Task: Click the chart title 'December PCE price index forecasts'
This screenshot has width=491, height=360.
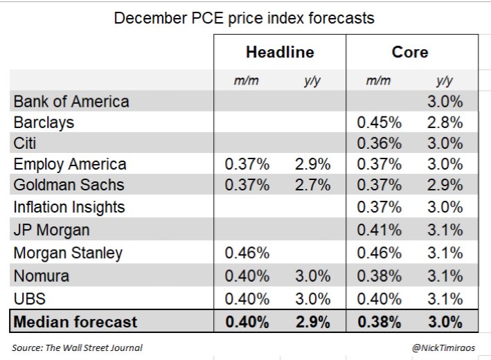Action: [x=244, y=18]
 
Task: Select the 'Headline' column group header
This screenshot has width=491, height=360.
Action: [x=279, y=53]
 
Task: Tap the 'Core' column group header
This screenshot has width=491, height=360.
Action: [x=410, y=53]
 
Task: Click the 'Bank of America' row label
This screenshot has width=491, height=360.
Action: [x=71, y=102]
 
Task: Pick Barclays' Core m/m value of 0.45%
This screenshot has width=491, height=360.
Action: [x=378, y=123]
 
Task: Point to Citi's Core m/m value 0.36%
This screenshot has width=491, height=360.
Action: [x=378, y=143]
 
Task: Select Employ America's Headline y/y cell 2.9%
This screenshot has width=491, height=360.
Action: [x=310, y=165]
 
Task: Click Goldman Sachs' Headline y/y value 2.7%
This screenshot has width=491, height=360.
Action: [x=310, y=186]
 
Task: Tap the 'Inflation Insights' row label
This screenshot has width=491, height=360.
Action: [x=69, y=208]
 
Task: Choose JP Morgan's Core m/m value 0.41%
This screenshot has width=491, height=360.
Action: [x=378, y=229]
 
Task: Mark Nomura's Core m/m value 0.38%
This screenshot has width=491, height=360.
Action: [x=378, y=276]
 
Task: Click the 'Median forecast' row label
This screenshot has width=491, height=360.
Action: [x=75, y=322]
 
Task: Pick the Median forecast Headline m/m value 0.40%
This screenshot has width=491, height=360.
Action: [x=247, y=322]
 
